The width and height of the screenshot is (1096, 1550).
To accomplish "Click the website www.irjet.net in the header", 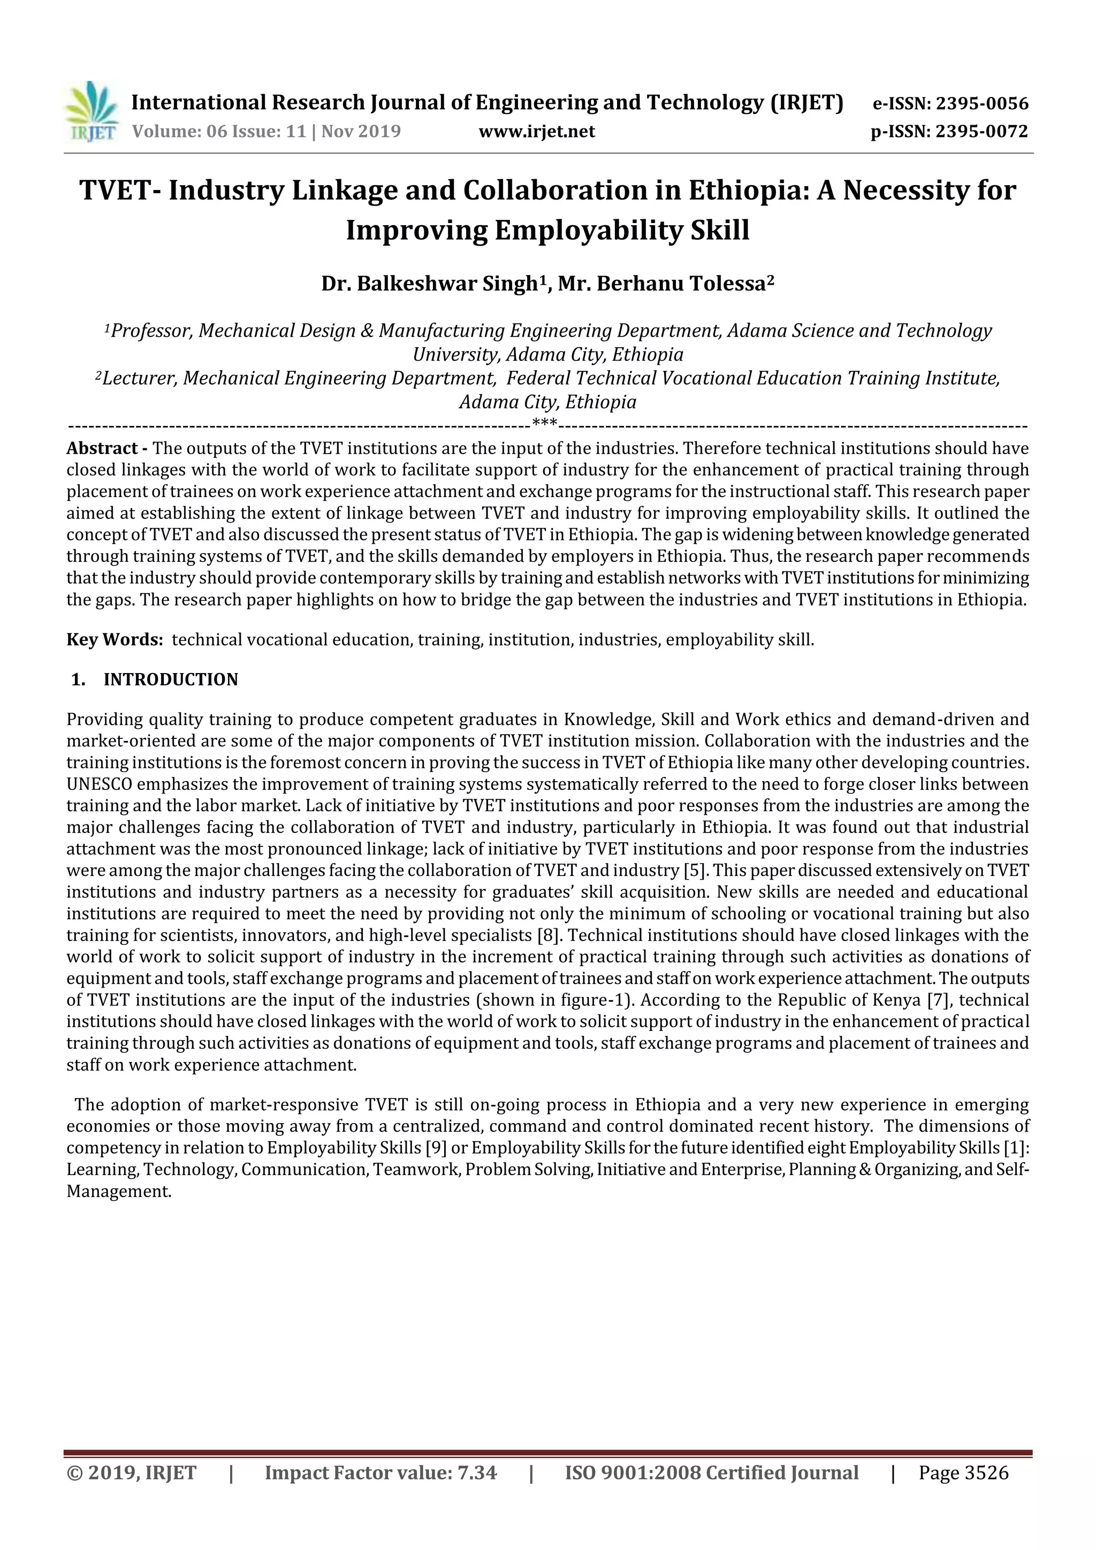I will (537, 132).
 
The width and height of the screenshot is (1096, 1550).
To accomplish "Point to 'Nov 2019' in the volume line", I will (361, 131).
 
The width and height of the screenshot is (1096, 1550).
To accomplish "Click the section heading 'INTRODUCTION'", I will (171, 680).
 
